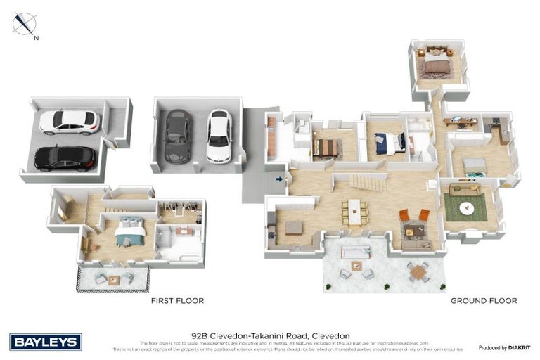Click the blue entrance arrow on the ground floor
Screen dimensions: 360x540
tap(280, 179)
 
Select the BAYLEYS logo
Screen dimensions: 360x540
tap(46, 342)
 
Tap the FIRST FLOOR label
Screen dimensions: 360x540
tap(177, 301)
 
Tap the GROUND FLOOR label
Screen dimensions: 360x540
tap(484, 301)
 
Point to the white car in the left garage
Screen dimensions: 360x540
tap(68, 122)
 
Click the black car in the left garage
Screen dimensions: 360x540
tap(65, 158)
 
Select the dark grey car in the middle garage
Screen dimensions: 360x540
tap(178, 136)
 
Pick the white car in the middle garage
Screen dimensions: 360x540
tap(219, 136)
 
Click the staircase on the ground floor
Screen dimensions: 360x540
tap(368, 185)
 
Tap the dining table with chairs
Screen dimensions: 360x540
tap(354, 212)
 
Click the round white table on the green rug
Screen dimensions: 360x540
tap(466, 208)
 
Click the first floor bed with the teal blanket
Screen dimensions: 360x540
tap(130, 231)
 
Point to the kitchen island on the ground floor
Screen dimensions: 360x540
tap(293, 228)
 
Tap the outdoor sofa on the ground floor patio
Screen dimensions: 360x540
tap(357, 252)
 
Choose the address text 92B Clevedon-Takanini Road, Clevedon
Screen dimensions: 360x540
tap(270, 335)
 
